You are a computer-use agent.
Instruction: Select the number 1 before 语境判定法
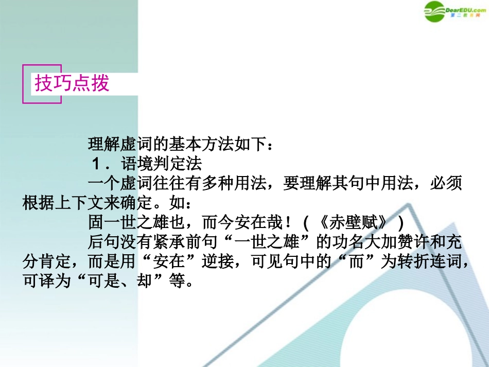pos(96,164)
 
